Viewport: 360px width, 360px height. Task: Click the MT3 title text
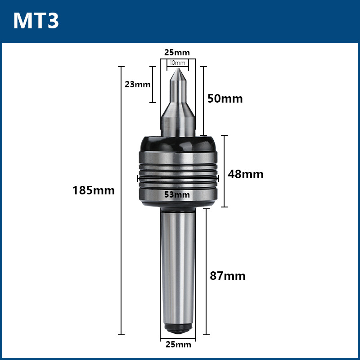coord(36,21)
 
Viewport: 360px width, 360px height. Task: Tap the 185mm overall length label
coord(94,190)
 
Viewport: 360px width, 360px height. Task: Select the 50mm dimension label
coord(225,99)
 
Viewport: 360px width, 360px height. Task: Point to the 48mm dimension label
coord(245,174)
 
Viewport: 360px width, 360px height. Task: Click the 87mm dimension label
coord(228,276)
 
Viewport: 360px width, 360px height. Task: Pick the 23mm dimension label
coord(138,84)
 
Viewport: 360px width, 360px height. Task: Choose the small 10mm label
coord(178,63)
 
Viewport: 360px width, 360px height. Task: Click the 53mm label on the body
coord(177,194)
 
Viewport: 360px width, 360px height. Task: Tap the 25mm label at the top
coord(176,53)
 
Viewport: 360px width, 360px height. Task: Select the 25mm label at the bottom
coord(178,345)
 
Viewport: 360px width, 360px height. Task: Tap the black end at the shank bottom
coord(178,329)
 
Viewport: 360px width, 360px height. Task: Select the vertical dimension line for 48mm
coord(225,171)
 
